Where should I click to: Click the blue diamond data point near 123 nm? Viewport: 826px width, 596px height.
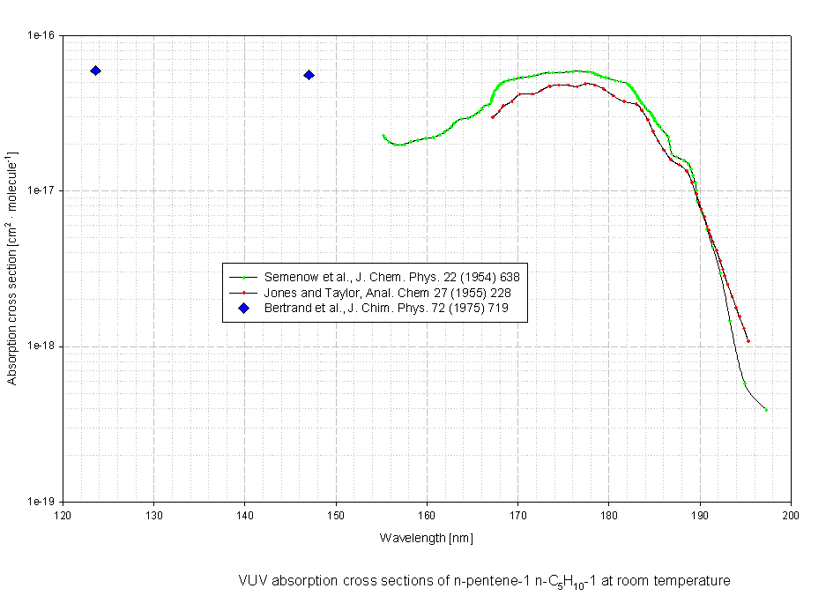(95, 71)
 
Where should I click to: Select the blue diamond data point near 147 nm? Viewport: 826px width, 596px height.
(309, 75)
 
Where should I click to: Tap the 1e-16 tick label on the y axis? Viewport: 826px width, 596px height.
(41, 35)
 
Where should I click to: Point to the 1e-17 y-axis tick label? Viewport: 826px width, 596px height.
(41, 190)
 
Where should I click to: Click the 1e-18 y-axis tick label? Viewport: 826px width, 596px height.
(41, 346)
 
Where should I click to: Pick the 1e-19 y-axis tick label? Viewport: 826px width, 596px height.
(41, 501)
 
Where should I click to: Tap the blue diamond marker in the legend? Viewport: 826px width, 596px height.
(244, 308)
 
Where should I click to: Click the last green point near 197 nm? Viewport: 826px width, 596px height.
(766, 410)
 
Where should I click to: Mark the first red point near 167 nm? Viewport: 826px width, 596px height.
(493, 116)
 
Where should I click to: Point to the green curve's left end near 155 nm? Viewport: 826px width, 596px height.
(383, 136)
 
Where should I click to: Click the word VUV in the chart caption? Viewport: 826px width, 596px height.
(251, 581)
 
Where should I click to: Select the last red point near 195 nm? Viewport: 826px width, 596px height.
(748, 341)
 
